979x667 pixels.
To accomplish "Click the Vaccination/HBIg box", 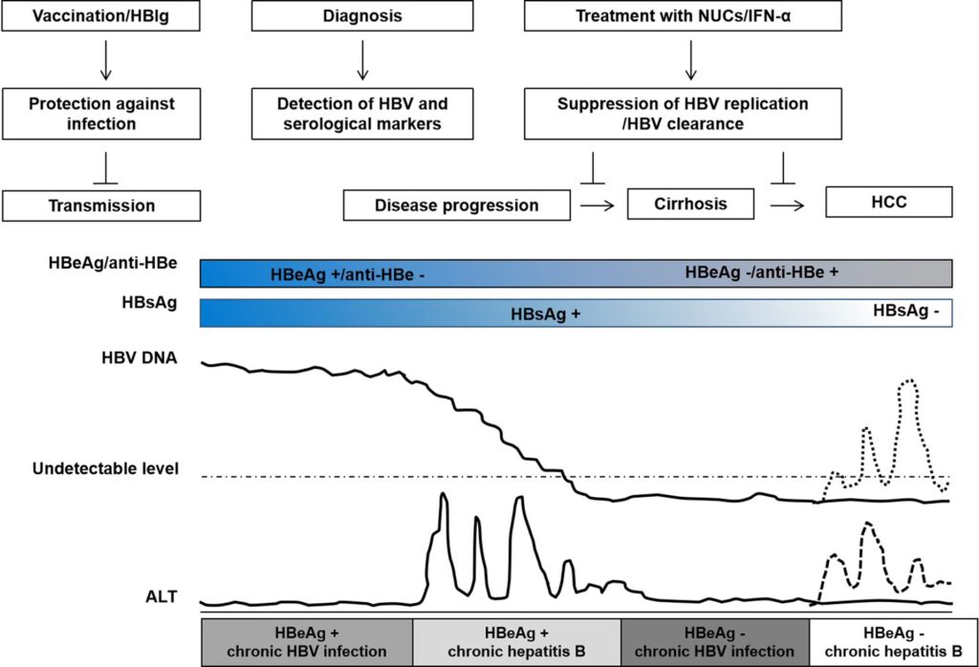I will coord(102,16).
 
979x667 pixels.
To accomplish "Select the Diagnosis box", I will coord(361,16).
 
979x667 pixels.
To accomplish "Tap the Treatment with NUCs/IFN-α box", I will coord(683,16).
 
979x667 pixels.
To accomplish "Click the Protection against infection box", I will coord(102,113).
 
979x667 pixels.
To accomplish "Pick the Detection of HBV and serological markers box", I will coord(361,113).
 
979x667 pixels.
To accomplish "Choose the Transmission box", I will coord(102,205).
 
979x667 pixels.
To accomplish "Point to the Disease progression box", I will coord(456,205).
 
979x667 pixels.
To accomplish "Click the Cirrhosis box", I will coord(690,204).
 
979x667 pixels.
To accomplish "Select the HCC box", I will coord(888,203).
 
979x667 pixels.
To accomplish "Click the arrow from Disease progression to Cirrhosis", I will coord(598,204).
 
